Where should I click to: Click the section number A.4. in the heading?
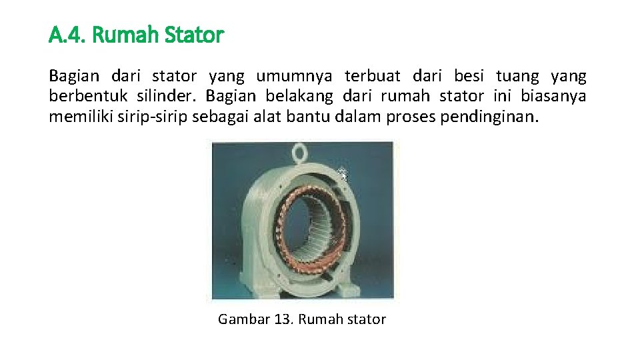67,35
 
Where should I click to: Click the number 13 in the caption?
283,319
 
